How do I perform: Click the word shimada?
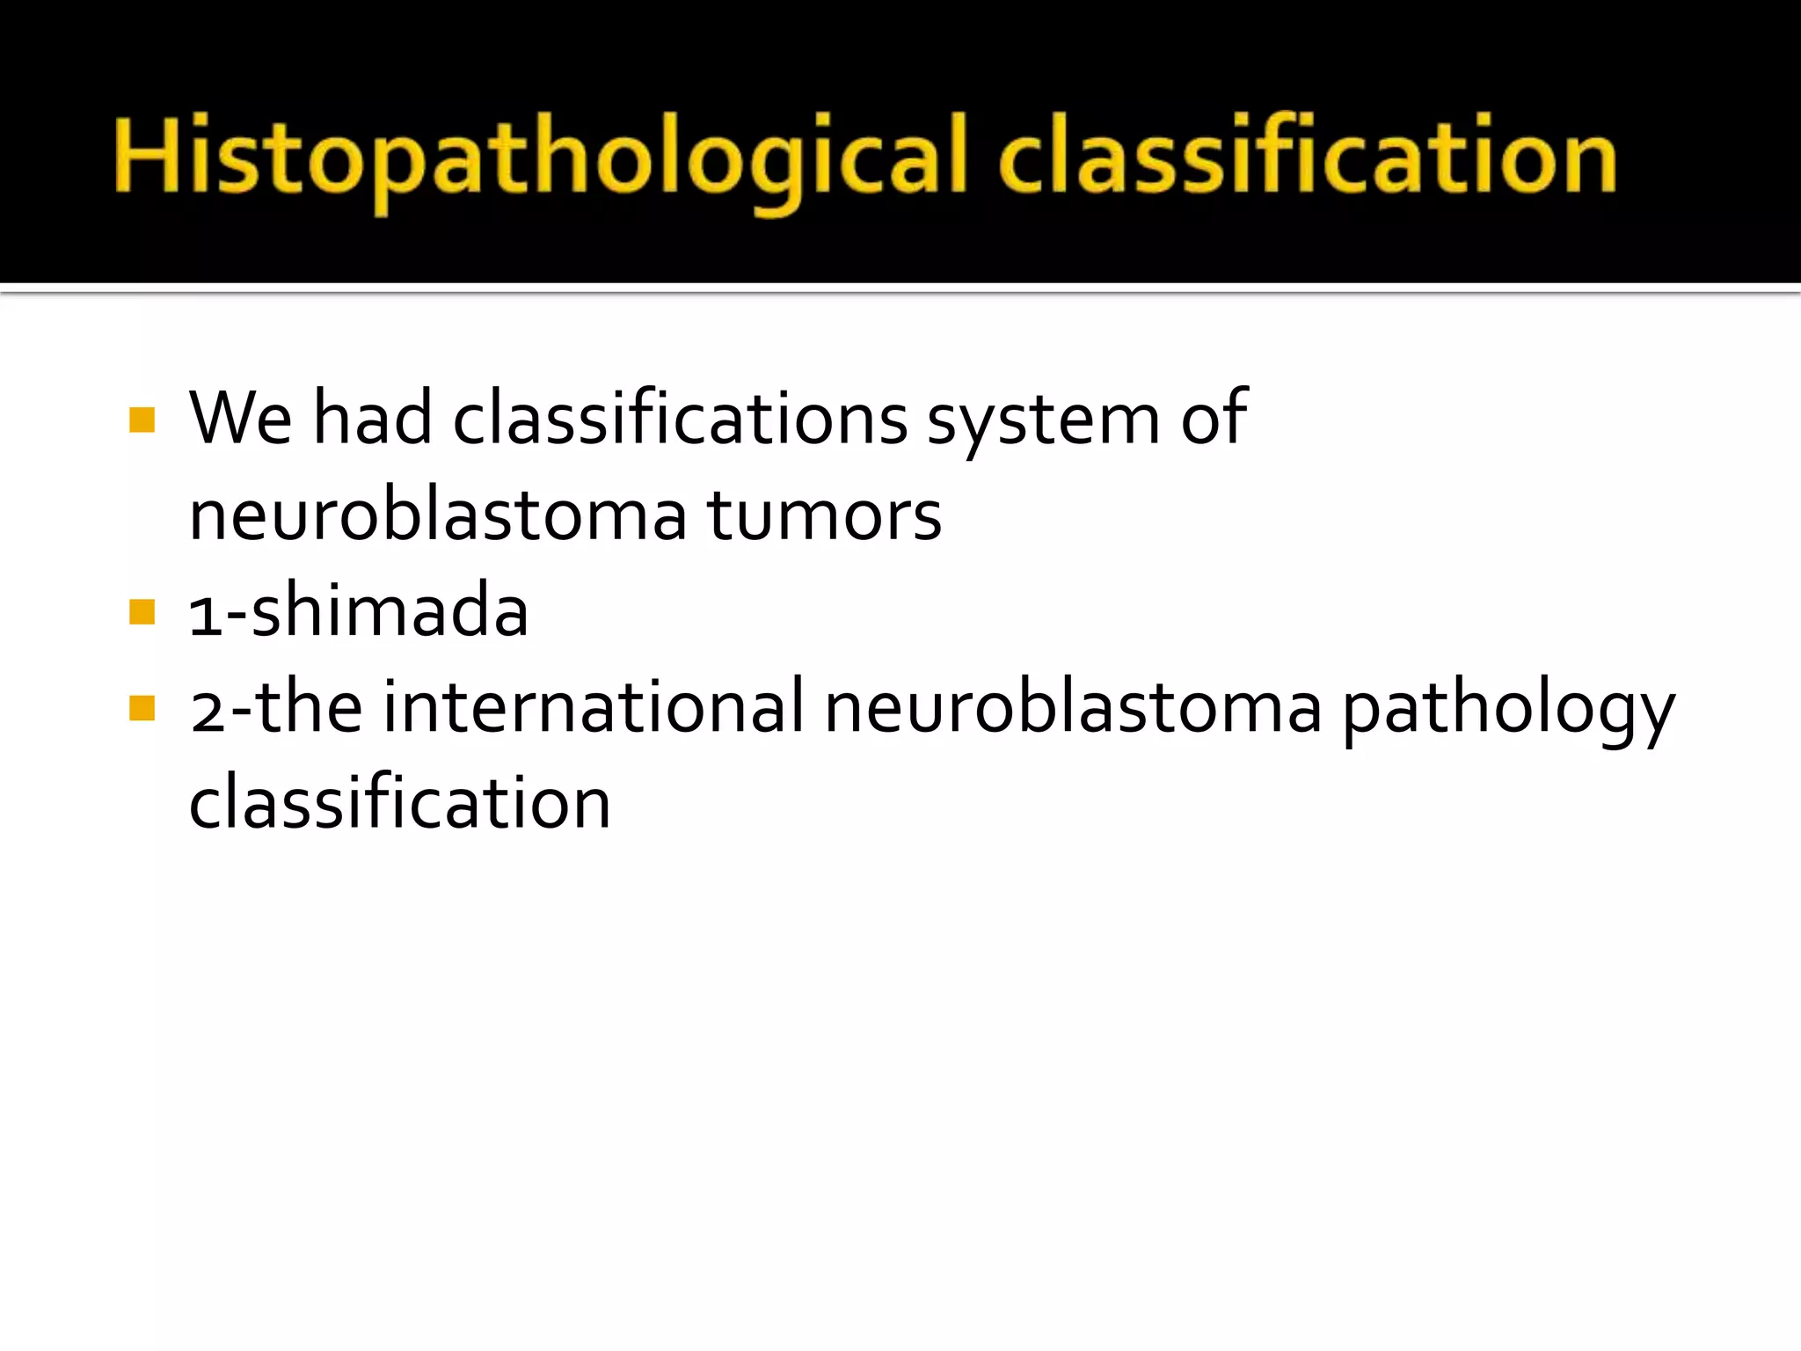tap(390, 610)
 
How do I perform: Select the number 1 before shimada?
tap(205, 614)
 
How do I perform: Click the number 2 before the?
tap(208, 709)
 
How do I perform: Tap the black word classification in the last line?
tap(399, 802)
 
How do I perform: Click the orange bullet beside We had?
tap(142, 420)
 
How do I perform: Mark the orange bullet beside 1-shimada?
tap(142, 611)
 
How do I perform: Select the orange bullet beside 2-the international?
tap(142, 708)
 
